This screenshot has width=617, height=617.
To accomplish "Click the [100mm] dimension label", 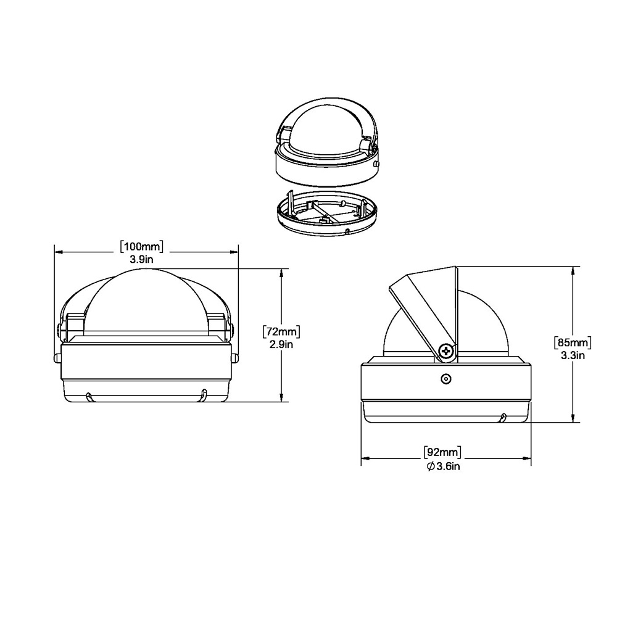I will [x=142, y=247].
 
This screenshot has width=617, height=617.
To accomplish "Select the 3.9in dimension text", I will [x=142, y=260].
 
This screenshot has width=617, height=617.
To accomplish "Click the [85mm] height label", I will [x=574, y=342].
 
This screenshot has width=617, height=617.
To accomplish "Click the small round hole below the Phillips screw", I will [x=445, y=379].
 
